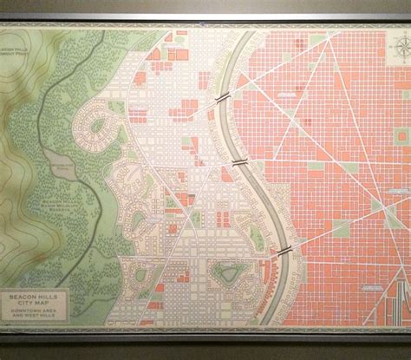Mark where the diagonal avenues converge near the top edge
click(329, 41)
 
